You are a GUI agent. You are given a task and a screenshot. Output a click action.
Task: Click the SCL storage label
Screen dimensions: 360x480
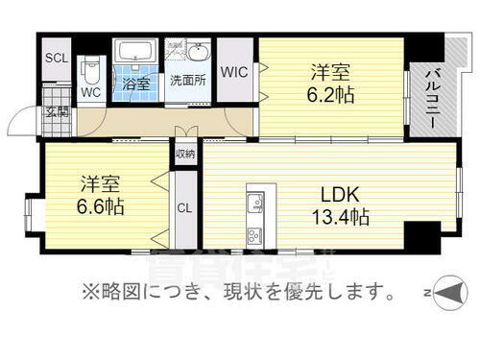(x=57, y=57)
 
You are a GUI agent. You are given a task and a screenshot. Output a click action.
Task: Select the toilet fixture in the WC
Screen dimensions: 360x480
(x=90, y=69)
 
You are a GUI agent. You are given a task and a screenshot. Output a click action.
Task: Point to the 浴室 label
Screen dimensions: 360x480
(x=135, y=84)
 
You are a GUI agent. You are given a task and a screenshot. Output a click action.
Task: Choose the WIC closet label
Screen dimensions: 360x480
(x=234, y=71)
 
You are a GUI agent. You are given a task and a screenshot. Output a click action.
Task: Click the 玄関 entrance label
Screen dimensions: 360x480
(x=56, y=112)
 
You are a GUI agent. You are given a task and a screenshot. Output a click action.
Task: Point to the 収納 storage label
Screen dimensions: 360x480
(x=185, y=153)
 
